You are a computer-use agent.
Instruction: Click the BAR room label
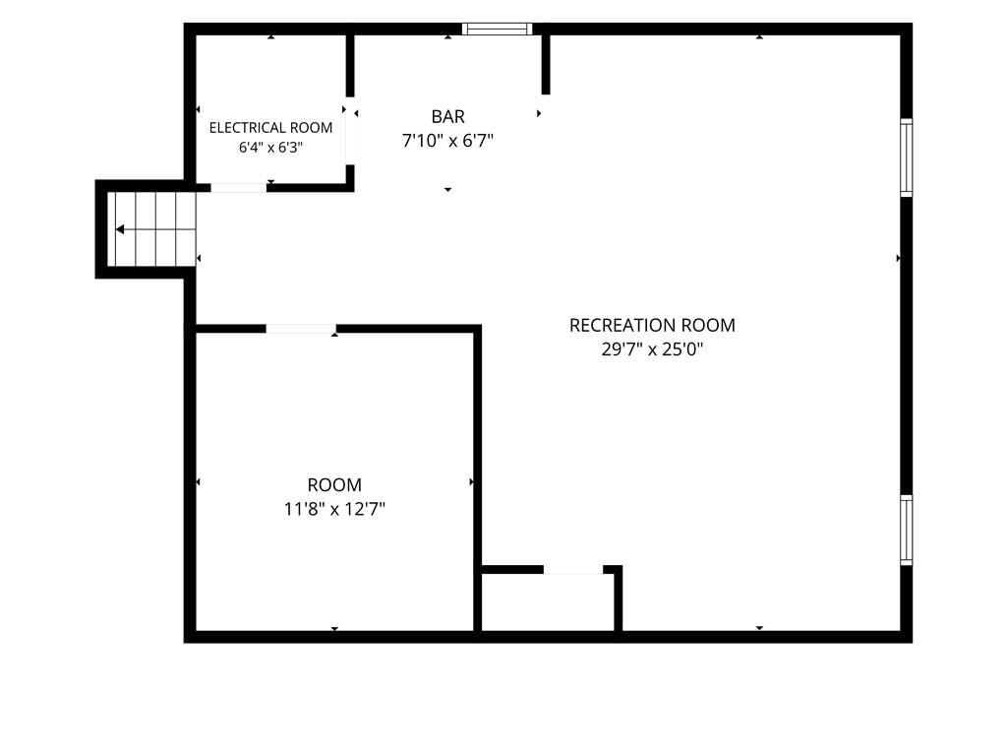(x=447, y=116)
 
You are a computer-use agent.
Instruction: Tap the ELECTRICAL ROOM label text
(x=271, y=127)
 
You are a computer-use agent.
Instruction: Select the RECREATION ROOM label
(x=653, y=325)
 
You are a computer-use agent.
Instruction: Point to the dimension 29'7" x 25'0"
(x=653, y=349)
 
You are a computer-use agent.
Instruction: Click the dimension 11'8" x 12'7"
(x=334, y=509)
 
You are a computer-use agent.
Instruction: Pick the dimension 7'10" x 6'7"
(x=447, y=140)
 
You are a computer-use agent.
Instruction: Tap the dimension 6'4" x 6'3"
(x=271, y=148)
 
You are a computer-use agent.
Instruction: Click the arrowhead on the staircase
(x=120, y=229)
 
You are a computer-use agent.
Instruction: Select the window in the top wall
(x=497, y=29)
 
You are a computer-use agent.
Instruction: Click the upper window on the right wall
(x=906, y=157)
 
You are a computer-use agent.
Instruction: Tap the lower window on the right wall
(x=906, y=530)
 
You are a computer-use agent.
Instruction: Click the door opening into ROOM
(x=301, y=329)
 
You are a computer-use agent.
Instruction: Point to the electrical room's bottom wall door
(x=238, y=188)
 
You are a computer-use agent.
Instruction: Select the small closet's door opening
(x=573, y=570)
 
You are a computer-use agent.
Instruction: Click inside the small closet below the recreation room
(x=548, y=602)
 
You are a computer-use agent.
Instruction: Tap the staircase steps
(x=151, y=228)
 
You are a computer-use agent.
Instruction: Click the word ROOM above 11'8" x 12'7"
(x=334, y=484)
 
